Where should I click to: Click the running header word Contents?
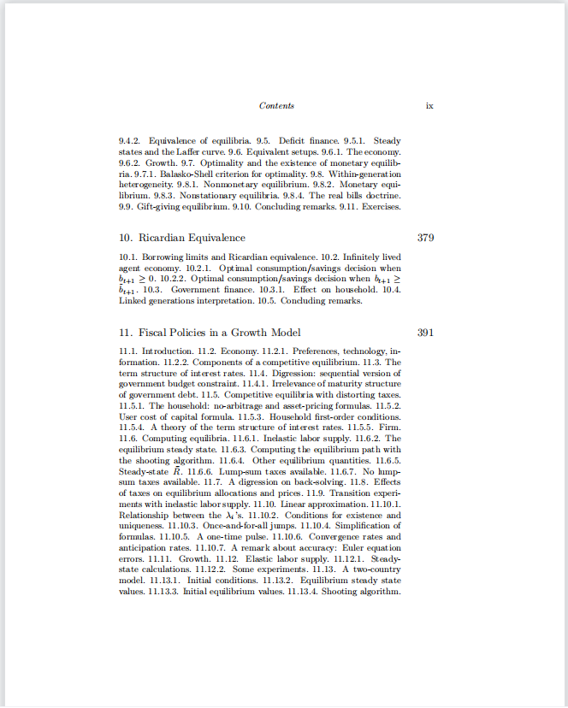pos(276,105)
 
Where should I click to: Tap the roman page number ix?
pos(429,105)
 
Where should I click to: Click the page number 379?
pos(426,237)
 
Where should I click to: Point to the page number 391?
pos(426,332)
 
